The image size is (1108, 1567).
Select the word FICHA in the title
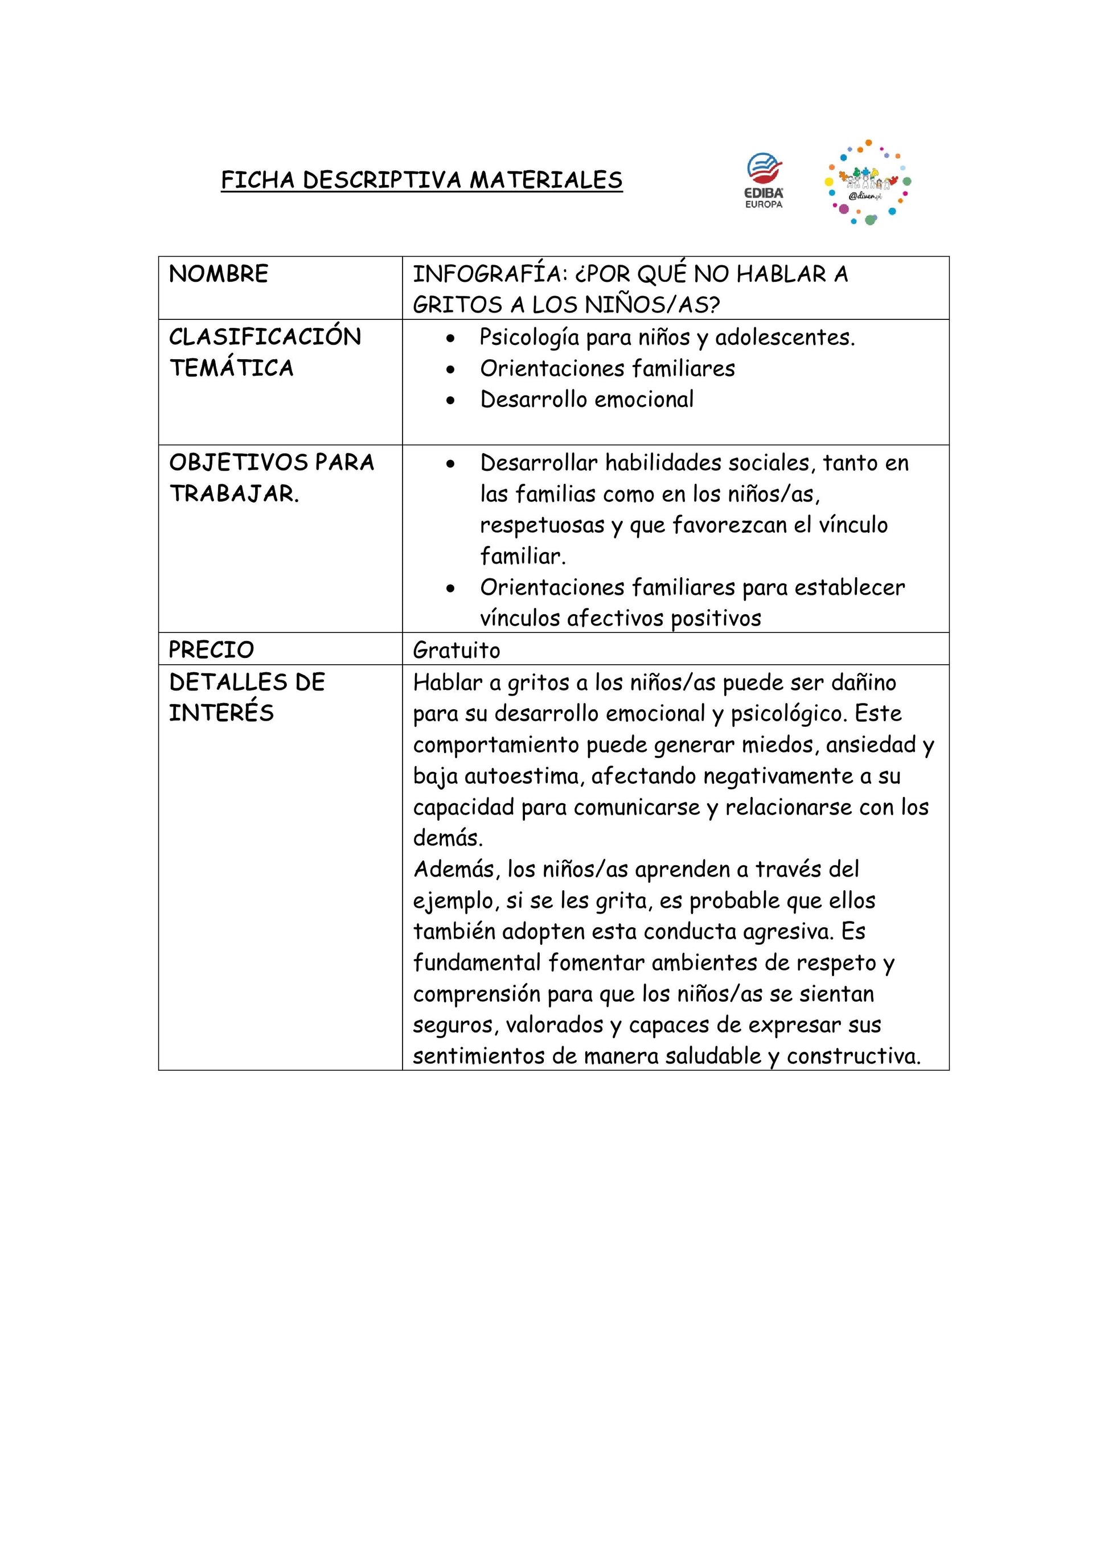257,180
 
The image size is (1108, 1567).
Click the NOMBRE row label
219,274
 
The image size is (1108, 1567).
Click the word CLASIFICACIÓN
265,337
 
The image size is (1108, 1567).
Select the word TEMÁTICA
231,368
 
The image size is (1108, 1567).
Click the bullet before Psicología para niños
450,339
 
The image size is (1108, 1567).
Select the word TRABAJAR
233,493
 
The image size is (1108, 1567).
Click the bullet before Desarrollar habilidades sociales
450,464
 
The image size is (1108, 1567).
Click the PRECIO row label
211,649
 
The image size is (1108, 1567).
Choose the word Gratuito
456,649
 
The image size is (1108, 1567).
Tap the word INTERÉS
221,713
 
